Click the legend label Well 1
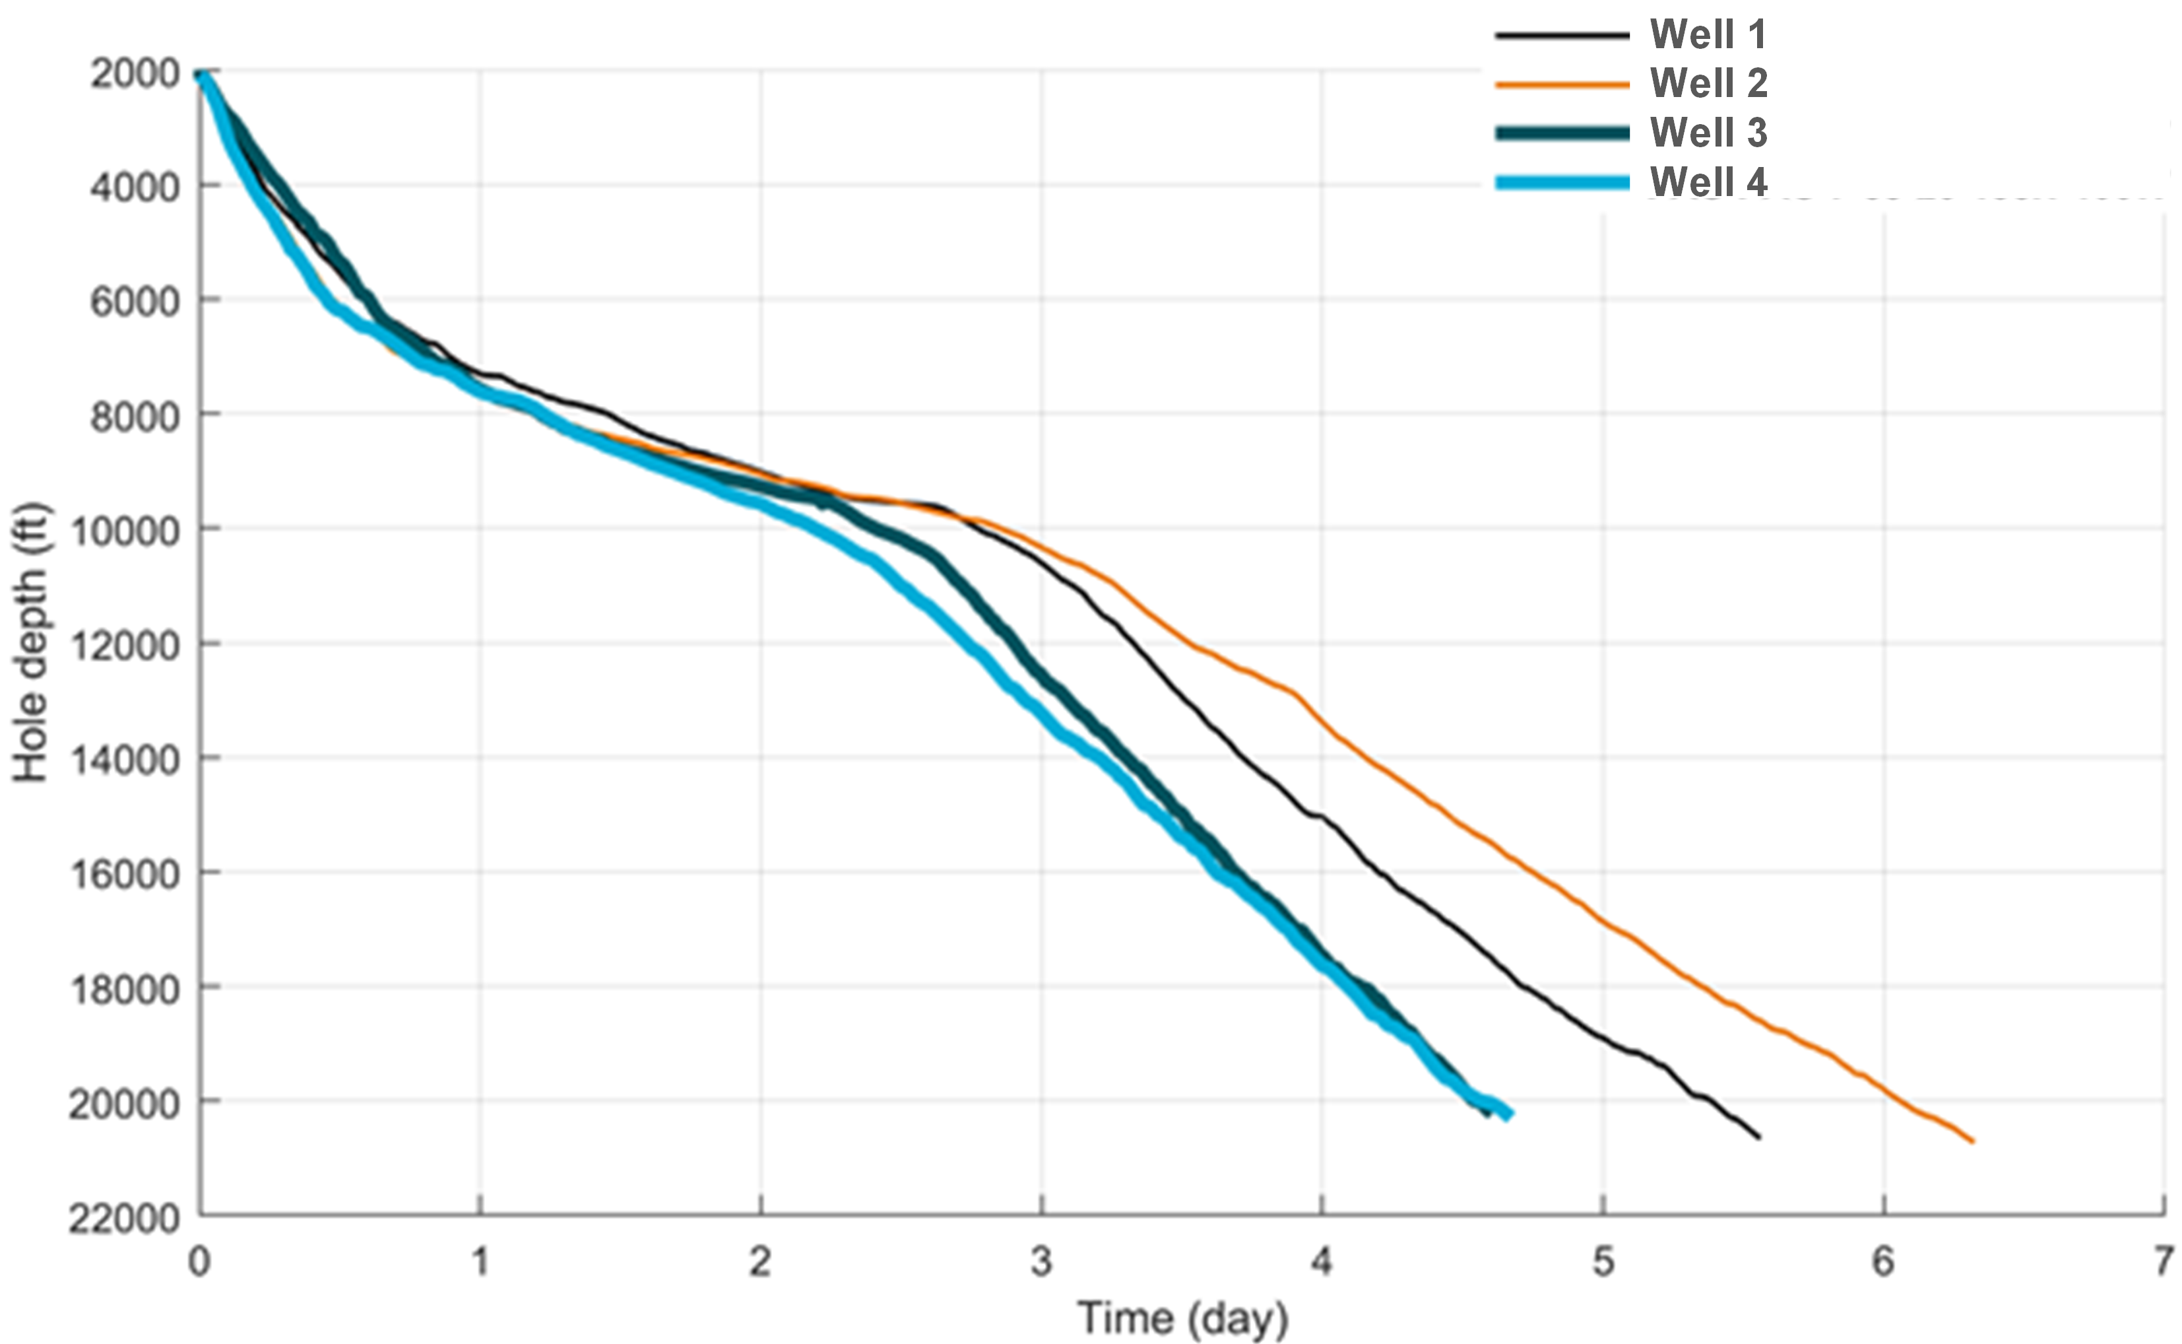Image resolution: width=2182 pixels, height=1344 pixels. point(1708,35)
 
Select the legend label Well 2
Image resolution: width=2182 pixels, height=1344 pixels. point(1708,84)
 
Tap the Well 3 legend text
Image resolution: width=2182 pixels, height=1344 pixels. point(1708,133)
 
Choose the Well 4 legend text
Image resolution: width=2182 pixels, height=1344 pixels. point(1708,182)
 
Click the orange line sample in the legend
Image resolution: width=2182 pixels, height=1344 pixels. point(1562,84)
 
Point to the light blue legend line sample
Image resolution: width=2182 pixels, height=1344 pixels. point(1562,183)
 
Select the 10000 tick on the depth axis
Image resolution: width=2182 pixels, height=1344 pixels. point(125,531)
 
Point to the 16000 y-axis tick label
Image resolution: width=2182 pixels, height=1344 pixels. point(125,875)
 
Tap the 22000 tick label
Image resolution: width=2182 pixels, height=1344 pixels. point(125,1219)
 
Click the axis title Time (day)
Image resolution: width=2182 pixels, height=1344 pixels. point(1182,1318)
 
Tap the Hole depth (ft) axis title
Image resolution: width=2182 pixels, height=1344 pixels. point(31,643)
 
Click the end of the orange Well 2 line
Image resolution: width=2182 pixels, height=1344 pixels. point(1972,1141)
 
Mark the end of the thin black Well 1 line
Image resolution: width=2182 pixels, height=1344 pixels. point(1758,1137)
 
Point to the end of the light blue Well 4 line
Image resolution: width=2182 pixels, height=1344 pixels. point(1510,1116)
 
